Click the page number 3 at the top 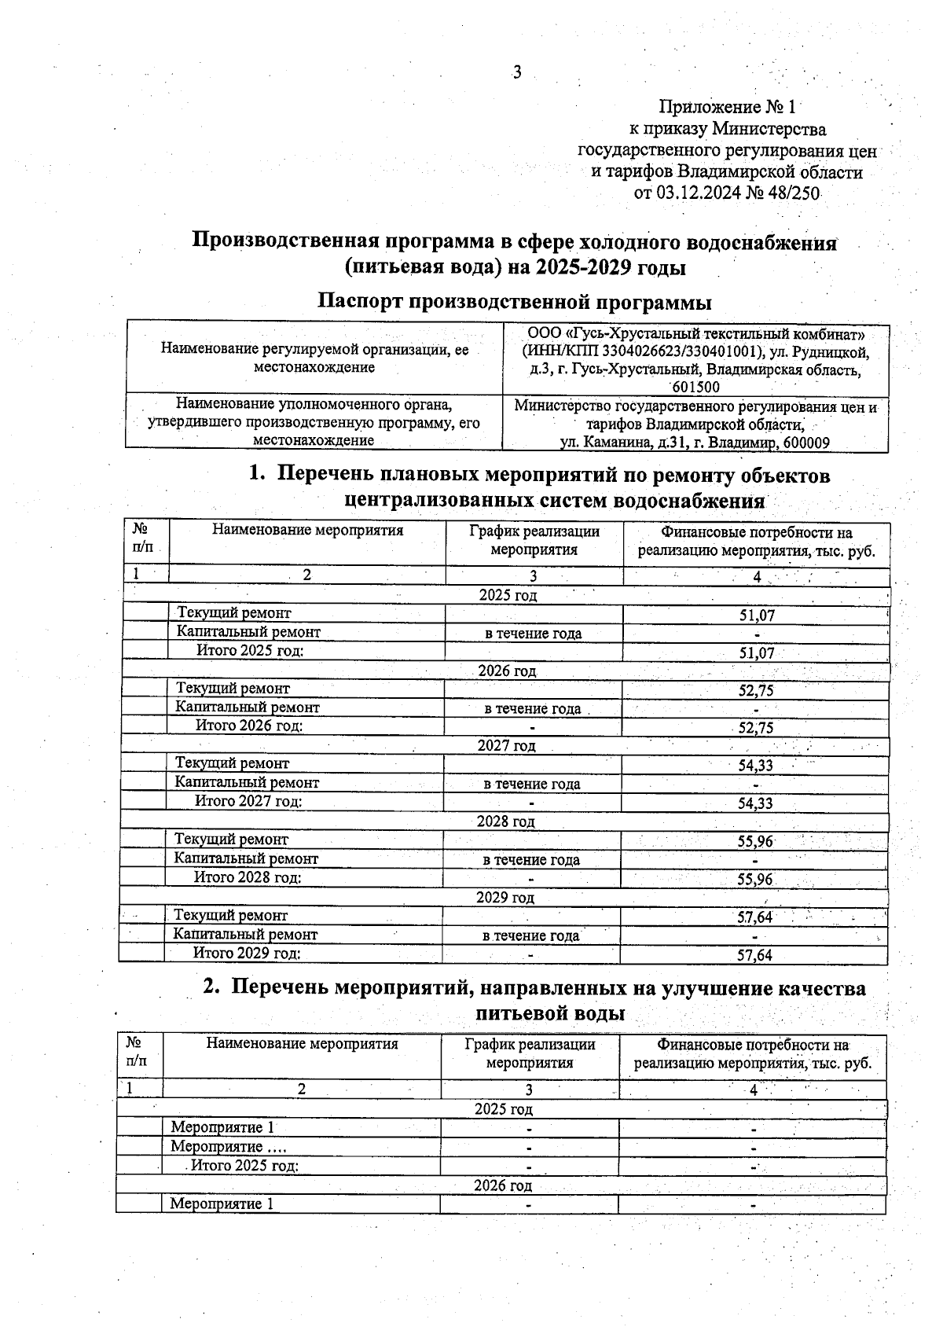(x=517, y=73)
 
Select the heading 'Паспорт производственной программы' (x=515, y=302)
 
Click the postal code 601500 (x=695, y=387)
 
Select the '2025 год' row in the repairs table (x=508, y=596)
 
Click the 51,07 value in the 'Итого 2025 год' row (x=756, y=653)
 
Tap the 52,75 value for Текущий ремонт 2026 (x=756, y=691)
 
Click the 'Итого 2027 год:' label (x=248, y=802)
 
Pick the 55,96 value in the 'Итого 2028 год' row (x=754, y=880)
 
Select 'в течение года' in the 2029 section (x=530, y=936)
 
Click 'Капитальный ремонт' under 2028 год (x=246, y=859)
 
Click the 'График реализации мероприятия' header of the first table (x=534, y=541)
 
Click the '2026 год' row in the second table (x=503, y=1185)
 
